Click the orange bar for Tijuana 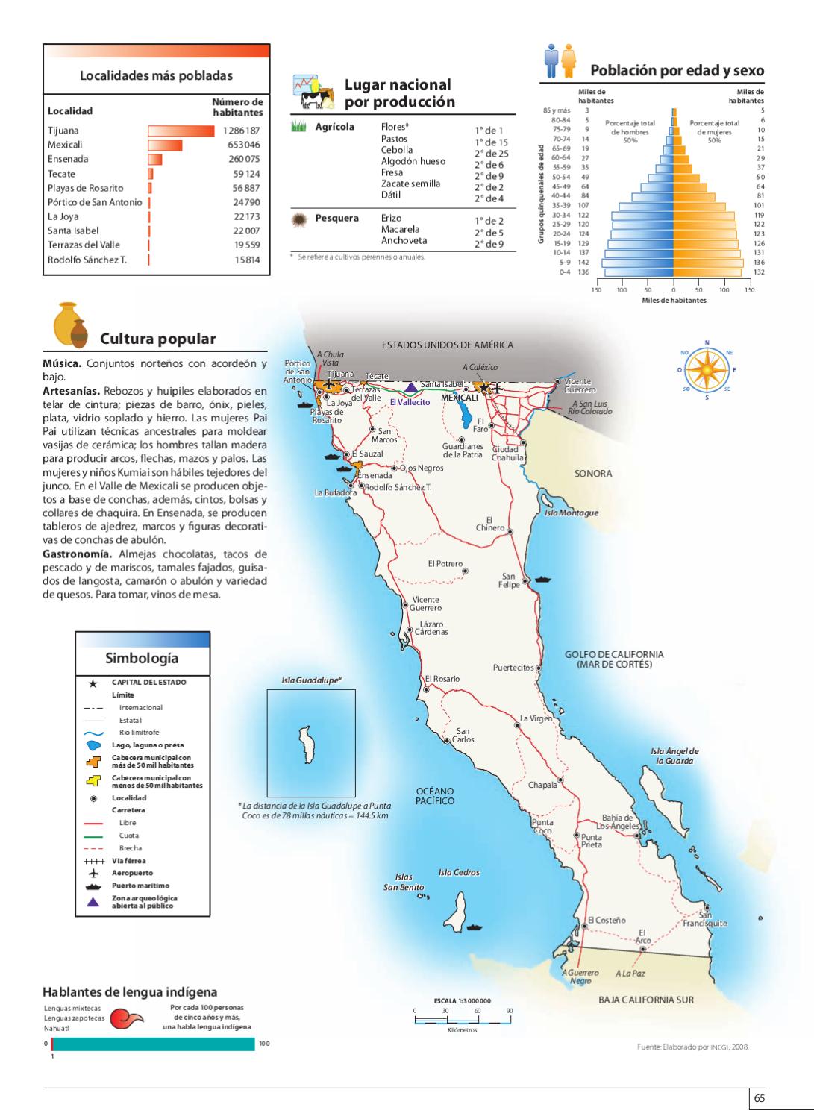point(181,131)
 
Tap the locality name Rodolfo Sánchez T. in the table point(87,260)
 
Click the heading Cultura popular point(158,339)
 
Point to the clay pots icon point(70,326)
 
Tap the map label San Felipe point(508,580)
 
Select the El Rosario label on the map point(442,679)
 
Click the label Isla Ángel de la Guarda point(674,756)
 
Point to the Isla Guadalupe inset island point(306,745)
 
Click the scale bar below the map point(462,1019)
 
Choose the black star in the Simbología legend point(93,683)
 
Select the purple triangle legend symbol point(93,902)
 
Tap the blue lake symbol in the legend point(93,745)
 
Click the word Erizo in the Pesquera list point(391,218)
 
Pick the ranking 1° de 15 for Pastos point(491,142)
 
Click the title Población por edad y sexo point(677,71)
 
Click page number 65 point(760,1098)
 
